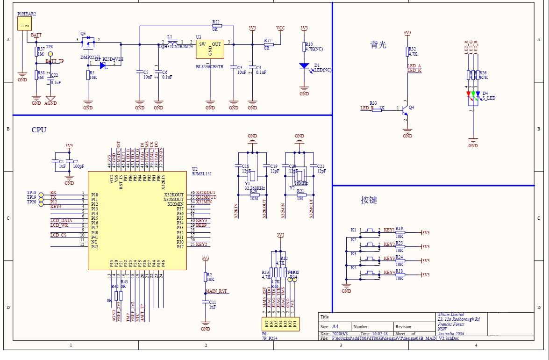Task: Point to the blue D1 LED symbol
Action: (304, 66)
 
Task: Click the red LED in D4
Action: (469, 94)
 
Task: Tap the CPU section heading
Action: (39, 130)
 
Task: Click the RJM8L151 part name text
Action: (202, 174)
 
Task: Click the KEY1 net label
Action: (389, 230)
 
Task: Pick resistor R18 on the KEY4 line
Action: (399, 274)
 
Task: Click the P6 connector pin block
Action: (280, 323)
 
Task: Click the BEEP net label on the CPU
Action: (201, 225)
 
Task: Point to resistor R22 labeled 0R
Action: (215, 26)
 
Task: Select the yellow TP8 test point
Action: (50, 54)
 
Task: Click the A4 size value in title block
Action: (335, 327)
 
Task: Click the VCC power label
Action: (280, 28)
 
